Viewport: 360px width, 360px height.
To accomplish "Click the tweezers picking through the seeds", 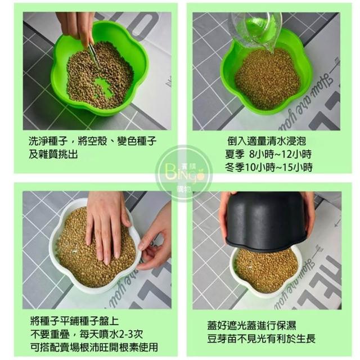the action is pos(94,55).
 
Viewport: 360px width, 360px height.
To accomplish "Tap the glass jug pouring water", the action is pos(256,30).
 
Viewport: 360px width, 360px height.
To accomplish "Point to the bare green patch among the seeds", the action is pos(102,87).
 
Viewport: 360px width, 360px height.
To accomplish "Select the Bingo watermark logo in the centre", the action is pos(184,173).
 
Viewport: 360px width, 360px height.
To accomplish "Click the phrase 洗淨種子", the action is pos(48,141).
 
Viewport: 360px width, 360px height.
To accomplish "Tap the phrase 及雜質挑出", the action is pos(53,154).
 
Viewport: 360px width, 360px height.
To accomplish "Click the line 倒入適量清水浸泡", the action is pos(267,141).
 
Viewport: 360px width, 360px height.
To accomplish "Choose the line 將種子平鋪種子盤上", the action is pos(75,321).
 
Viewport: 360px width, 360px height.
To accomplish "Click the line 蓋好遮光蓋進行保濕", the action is pos(251,325).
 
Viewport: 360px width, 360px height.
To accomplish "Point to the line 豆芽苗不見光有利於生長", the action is pos(261,339).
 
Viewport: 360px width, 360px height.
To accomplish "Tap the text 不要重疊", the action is pos(50,334).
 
